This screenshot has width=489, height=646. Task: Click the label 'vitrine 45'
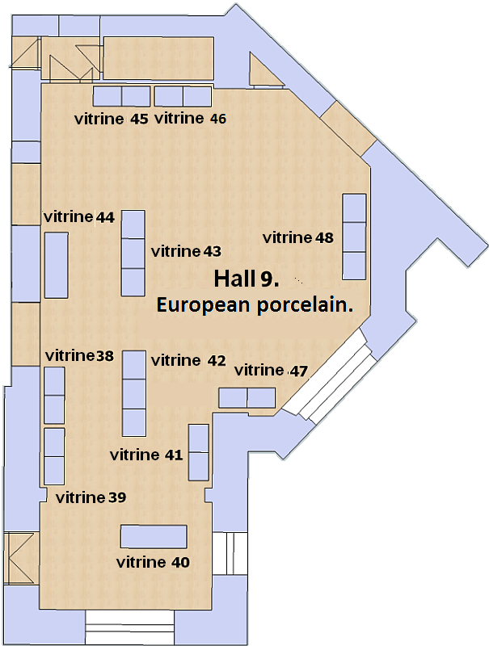pos(112,119)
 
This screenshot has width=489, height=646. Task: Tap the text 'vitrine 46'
pos(191,119)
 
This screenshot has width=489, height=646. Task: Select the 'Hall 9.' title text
pos(247,279)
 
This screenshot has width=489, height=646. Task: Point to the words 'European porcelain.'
pos(255,305)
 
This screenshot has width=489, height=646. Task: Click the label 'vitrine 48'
pos(298,237)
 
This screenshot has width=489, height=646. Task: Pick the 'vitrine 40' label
pos(153,562)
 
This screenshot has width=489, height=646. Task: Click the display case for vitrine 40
pos(154,537)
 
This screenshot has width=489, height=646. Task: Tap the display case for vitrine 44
pos(56,266)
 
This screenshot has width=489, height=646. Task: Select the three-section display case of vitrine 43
pos(133,253)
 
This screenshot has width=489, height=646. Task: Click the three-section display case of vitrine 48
pos(355,237)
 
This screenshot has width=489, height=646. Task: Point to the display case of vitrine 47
pos(247,398)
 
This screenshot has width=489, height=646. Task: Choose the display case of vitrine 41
pos(198,452)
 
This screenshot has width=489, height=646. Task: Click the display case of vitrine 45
pos(121,96)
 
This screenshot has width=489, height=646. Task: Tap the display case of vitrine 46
pos(183,96)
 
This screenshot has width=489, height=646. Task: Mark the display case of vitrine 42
pos(134,393)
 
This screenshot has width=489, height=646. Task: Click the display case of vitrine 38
pos(54,395)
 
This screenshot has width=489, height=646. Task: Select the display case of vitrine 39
pos(54,456)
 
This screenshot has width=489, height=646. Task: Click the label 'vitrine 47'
pos(272,371)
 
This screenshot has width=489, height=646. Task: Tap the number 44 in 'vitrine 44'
pos(105,217)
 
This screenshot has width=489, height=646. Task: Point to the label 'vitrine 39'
pos(91,497)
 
